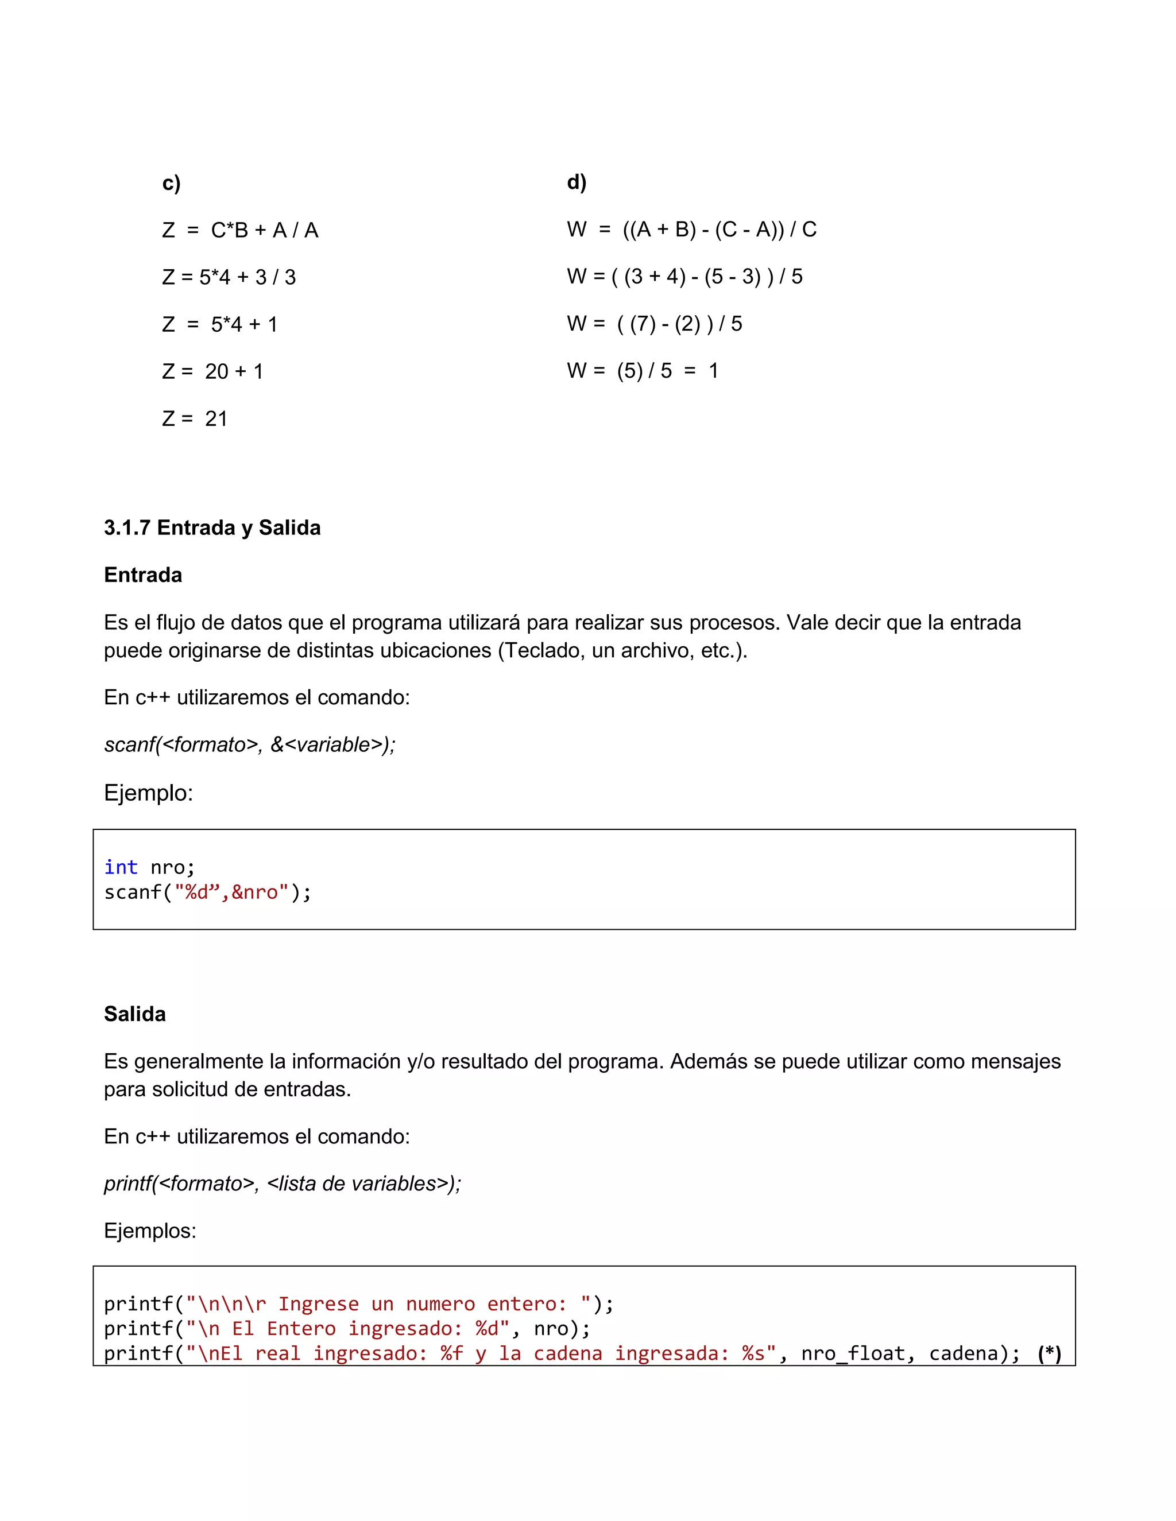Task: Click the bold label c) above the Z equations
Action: click(x=171, y=183)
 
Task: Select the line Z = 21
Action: click(x=195, y=418)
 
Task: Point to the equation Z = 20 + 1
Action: click(x=212, y=371)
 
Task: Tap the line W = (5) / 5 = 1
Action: click(x=643, y=371)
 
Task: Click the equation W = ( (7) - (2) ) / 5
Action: click(x=654, y=323)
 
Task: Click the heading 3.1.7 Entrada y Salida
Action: click(x=212, y=528)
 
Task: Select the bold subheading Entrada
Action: click(x=143, y=575)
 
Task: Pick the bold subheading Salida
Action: click(x=134, y=1014)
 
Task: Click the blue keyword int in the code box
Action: click(x=121, y=867)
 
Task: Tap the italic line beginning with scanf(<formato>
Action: click(x=249, y=744)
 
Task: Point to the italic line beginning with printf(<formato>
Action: click(x=282, y=1184)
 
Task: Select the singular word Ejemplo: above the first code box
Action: click(x=148, y=793)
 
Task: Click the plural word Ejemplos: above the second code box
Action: click(x=150, y=1231)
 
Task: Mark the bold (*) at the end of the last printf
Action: click(x=1049, y=1353)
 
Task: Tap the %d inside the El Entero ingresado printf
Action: click(x=487, y=1328)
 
